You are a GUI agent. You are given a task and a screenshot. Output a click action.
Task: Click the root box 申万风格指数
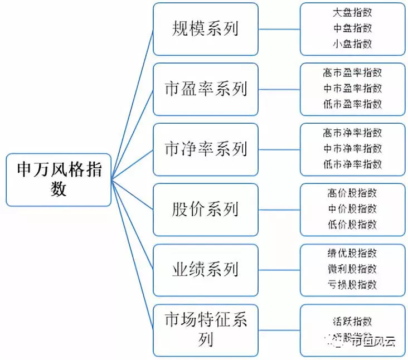point(59,179)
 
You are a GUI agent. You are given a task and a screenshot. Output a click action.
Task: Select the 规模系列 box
point(205,29)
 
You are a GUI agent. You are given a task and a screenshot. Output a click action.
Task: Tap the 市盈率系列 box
point(205,89)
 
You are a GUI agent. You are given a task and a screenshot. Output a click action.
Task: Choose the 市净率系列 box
point(205,149)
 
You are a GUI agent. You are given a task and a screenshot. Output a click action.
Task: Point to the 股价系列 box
point(205,210)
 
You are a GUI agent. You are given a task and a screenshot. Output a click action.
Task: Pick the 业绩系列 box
point(205,270)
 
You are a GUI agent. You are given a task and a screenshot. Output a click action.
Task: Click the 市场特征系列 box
point(205,329)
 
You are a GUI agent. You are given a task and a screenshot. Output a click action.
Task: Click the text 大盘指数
point(352,13)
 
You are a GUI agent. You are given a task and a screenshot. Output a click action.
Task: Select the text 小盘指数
point(352,43)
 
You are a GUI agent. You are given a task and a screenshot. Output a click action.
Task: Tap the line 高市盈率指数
point(352,73)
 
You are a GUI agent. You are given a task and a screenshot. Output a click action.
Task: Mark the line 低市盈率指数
point(352,104)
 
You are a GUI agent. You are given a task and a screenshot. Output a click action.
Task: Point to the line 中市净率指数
point(352,149)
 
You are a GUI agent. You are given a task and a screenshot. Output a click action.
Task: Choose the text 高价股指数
point(352,193)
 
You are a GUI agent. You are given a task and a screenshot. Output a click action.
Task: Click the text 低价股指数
point(352,224)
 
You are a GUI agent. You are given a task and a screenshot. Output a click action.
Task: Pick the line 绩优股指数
point(352,254)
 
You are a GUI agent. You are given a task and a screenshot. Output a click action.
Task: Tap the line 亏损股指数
point(352,284)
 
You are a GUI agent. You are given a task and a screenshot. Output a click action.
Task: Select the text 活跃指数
point(352,322)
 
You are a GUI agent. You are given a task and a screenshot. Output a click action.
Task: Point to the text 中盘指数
point(352,28)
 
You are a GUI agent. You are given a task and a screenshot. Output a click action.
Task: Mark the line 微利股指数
point(352,269)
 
